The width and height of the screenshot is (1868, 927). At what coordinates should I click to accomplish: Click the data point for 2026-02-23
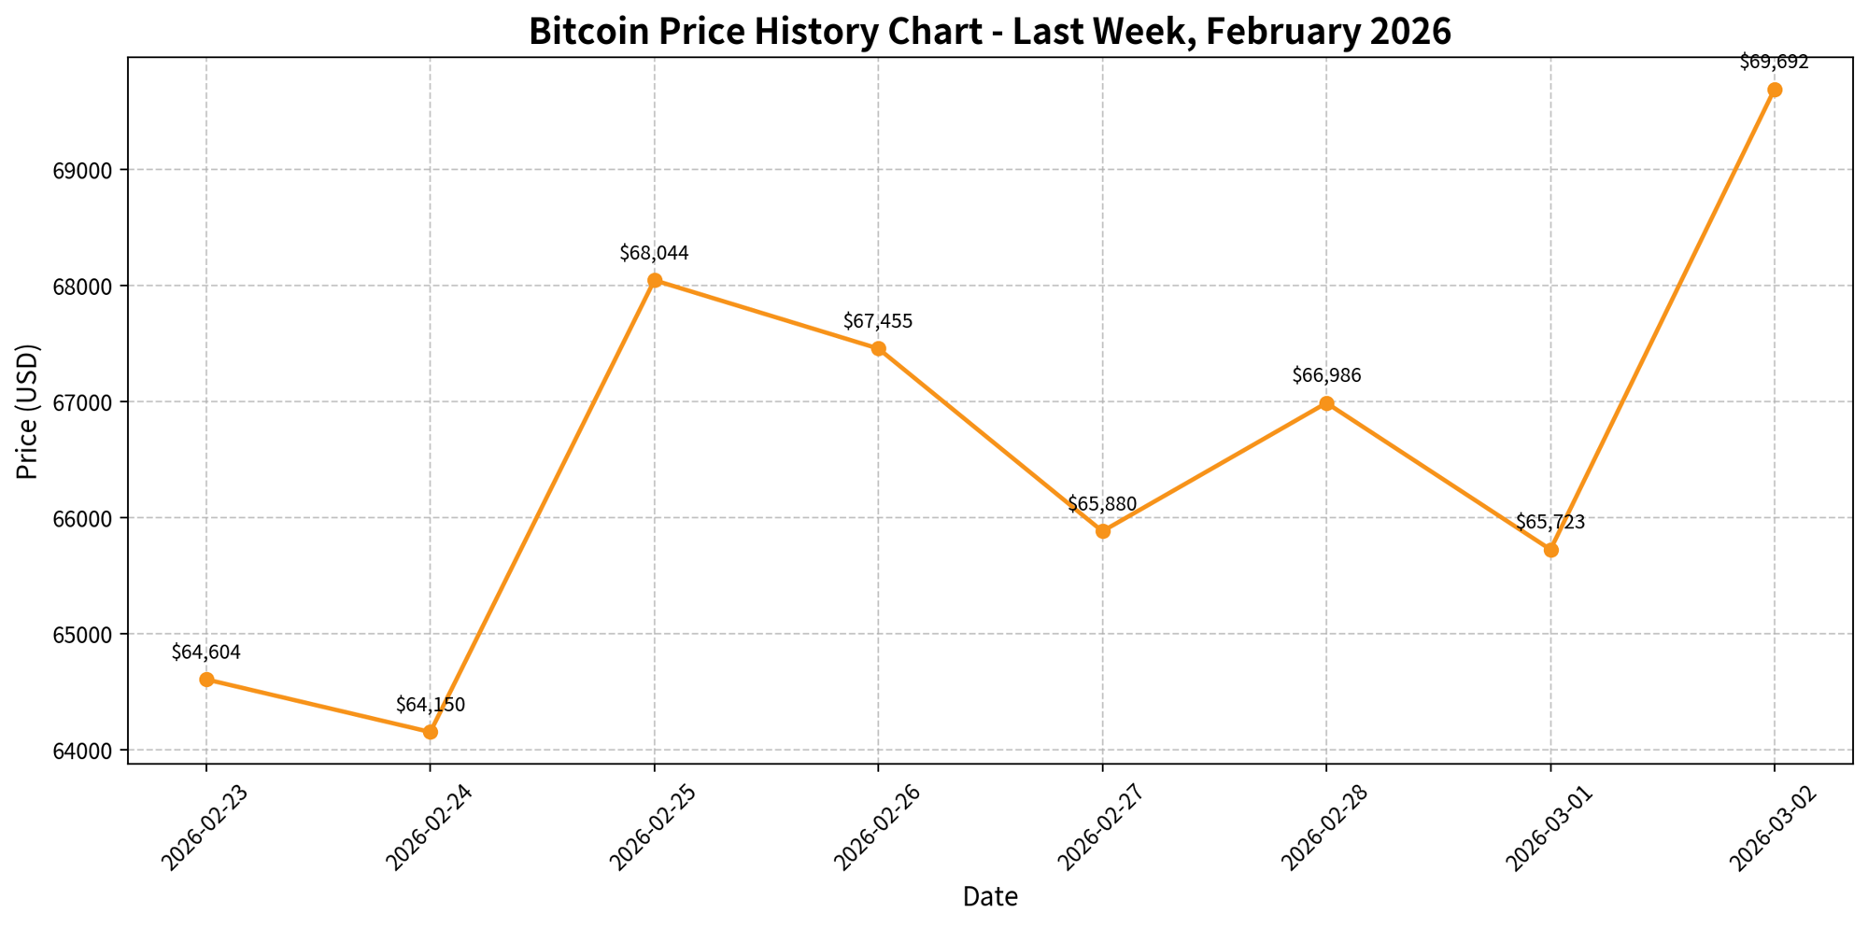[x=206, y=680]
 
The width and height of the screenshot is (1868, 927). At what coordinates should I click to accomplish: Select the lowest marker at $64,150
[x=430, y=732]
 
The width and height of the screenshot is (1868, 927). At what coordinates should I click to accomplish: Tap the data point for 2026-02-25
[x=655, y=280]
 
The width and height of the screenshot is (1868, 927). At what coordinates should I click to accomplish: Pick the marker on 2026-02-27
[x=1103, y=531]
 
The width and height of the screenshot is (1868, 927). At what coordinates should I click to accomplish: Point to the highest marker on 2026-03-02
[x=1775, y=90]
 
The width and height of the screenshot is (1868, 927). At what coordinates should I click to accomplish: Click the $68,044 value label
[x=654, y=253]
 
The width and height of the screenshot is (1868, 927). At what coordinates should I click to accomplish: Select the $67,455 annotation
[x=878, y=322]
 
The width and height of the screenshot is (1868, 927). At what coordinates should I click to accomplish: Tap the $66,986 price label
[x=1326, y=376]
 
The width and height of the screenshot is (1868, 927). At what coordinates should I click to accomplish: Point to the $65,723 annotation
[x=1550, y=523]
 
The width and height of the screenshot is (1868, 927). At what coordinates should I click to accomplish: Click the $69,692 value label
[x=1774, y=63]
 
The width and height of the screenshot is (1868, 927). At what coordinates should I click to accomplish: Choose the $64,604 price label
[x=206, y=653]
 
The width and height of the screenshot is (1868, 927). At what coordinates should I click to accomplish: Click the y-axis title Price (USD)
[x=28, y=412]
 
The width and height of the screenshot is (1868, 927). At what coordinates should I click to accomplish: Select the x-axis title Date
[x=990, y=897]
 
